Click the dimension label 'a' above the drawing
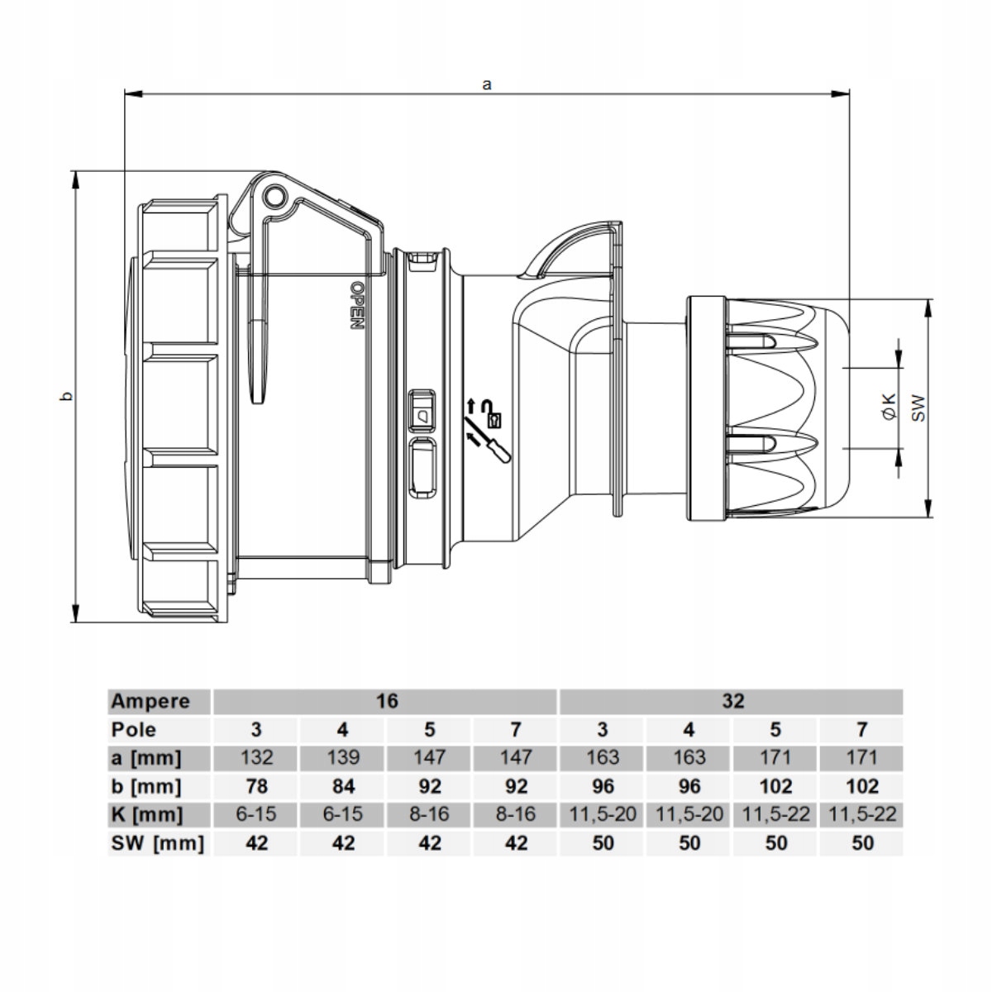pos(486,84)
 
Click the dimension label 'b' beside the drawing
pos(66,397)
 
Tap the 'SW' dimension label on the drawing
pos(918,408)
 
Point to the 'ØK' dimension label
pos(889,407)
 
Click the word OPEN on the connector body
pos(357,305)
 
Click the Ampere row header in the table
pos(150,701)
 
